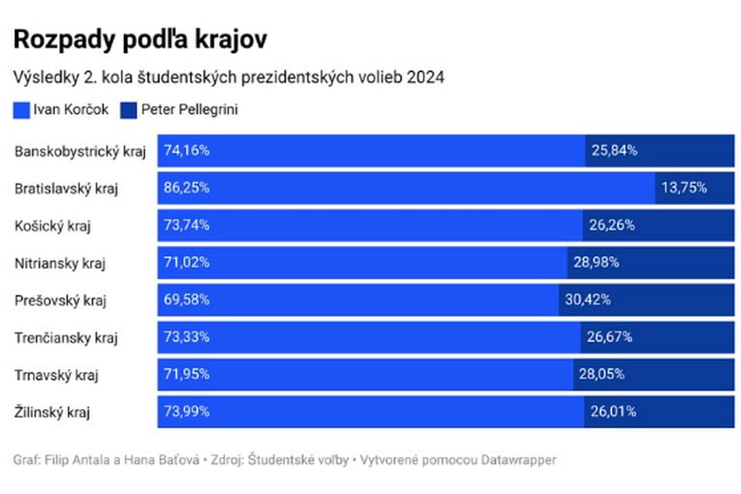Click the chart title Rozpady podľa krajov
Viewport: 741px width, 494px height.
[140, 40]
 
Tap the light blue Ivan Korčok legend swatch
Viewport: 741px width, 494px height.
[22, 110]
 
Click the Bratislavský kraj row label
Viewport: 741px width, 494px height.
[66, 189]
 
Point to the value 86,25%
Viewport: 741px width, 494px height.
[187, 188]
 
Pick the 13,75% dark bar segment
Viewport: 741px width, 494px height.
[694, 188]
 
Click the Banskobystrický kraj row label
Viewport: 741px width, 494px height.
[80, 152]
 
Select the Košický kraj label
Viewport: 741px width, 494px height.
[53, 226]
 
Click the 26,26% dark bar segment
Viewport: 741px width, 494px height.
[658, 225]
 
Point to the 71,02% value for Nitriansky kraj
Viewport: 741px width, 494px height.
[187, 262]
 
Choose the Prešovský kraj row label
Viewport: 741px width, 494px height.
[60, 301]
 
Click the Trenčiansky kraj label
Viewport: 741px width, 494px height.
[66, 338]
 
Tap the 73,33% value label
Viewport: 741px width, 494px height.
[187, 337]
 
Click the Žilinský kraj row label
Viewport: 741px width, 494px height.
[53, 412]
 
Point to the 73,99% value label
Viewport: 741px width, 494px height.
[187, 412]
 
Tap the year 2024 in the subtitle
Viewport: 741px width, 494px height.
[425, 78]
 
